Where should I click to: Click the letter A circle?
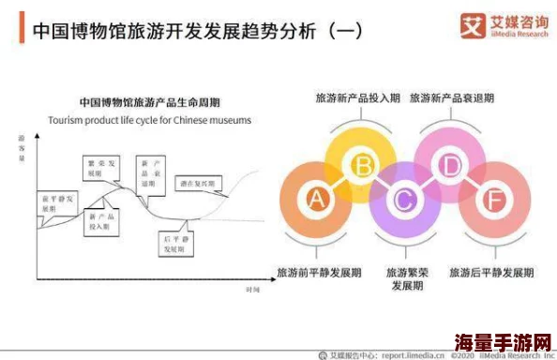tap(316, 200)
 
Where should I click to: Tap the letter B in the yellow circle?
tap(361, 167)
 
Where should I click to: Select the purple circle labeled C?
tap(405, 200)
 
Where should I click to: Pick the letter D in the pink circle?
tap(451, 167)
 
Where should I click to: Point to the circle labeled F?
tap(495, 200)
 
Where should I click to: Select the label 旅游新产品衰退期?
tap(452, 97)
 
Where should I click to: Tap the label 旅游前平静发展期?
tap(319, 273)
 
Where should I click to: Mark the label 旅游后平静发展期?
tap(491, 273)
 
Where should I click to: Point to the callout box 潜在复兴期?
tap(198, 184)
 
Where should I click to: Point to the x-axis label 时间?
tap(252, 291)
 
